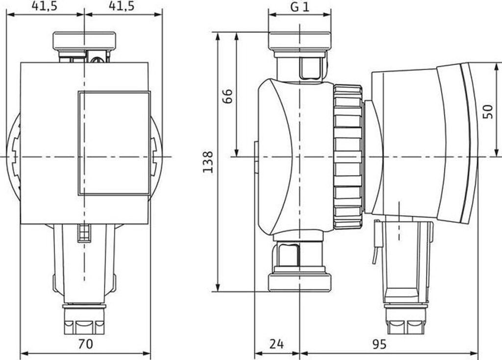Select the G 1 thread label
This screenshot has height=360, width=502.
[299, 7]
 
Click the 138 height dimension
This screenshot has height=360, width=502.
[208, 161]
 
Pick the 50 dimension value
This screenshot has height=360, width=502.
[487, 110]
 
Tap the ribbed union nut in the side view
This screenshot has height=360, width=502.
[348, 157]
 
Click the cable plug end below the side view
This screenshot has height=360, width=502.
[406, 324]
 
